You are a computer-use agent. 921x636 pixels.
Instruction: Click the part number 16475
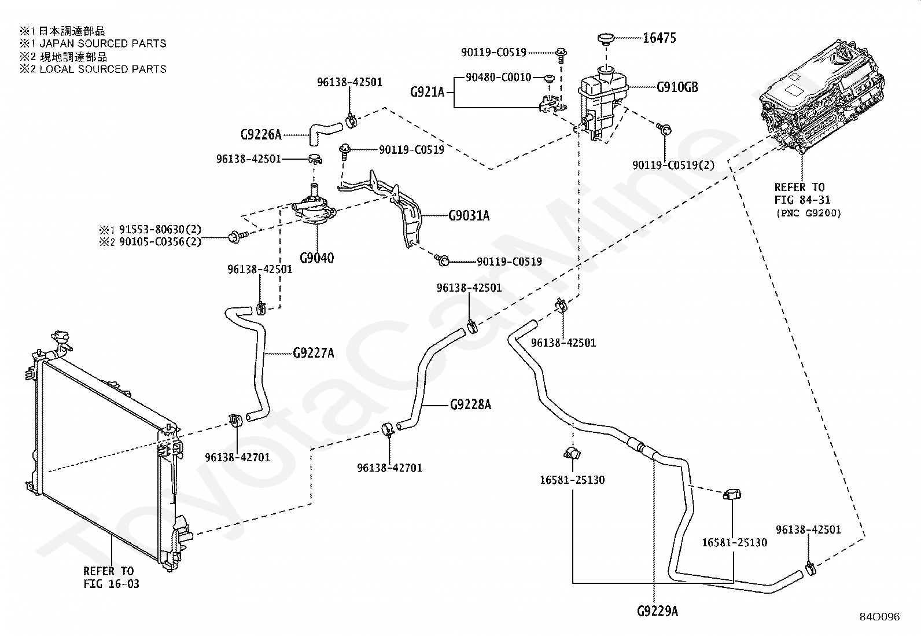(659, 38)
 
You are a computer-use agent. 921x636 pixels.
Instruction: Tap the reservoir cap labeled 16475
(606, 39)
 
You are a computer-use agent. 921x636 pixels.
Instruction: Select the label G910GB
(677, 87)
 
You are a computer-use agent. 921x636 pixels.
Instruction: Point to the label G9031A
(469, 215)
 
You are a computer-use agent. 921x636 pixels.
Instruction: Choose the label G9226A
(261, 134)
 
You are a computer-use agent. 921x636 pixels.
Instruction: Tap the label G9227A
(314, 353)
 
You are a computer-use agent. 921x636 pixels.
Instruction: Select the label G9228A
(471, 405)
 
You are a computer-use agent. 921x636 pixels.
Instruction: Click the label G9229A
(657, 611)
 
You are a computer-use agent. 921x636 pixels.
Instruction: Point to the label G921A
(428, 92)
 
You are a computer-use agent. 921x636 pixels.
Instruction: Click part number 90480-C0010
(498, 77)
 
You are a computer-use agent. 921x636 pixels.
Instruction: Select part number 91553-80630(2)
(160, 229)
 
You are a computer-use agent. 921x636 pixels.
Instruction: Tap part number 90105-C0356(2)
(160, 241)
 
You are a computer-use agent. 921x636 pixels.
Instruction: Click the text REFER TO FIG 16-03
(112, 577)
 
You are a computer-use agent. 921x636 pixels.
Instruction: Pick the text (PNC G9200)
(809, 213)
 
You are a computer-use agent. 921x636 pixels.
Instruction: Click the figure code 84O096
(879, 617)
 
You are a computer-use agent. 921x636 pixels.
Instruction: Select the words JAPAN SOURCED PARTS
(103, 43)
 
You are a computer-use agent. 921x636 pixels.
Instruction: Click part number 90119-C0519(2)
(673, 165)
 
